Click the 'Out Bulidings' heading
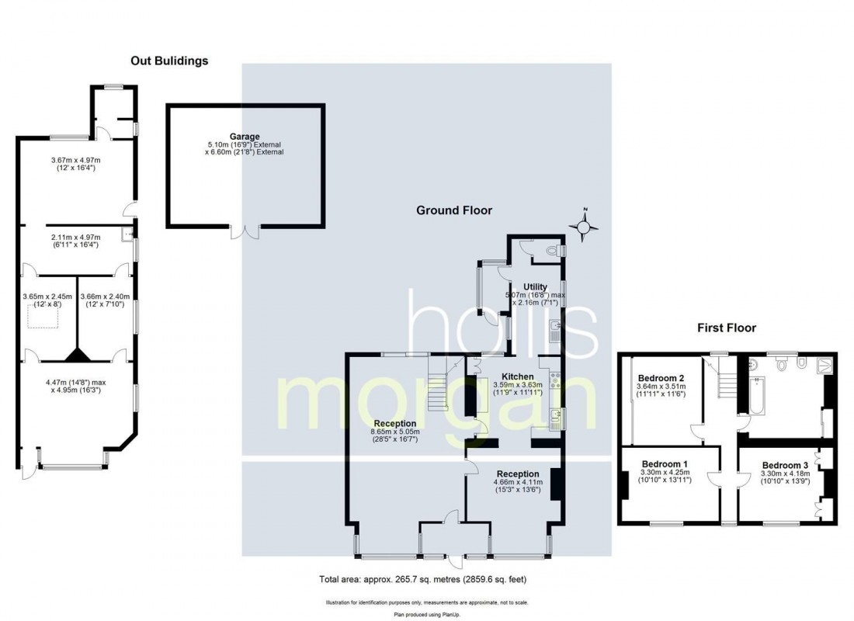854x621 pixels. [168, 61]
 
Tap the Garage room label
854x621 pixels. [244, 137]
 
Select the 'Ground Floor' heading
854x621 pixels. [454, 210]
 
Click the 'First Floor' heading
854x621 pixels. [726, 328]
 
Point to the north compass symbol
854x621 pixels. [585, 226]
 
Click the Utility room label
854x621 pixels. [535, 287]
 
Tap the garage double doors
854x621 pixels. [246, 231]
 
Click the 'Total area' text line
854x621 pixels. [427, 579]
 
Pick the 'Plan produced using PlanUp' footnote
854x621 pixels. [427, 614]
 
